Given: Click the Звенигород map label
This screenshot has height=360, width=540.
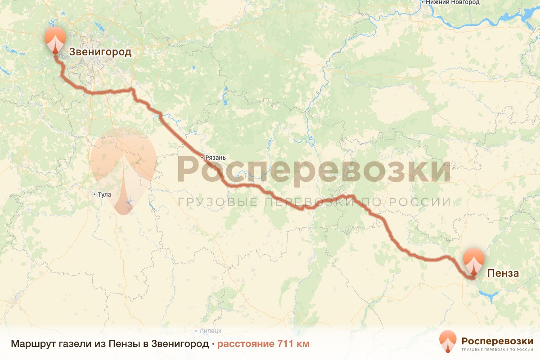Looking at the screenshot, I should [100, 52].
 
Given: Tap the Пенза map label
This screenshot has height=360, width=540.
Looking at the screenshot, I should [503, 273].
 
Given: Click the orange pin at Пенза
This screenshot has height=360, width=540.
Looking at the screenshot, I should [474, 261].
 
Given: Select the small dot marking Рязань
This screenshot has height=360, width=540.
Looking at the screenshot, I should [202, 157].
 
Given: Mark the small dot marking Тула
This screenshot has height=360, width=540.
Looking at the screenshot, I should [94, 195].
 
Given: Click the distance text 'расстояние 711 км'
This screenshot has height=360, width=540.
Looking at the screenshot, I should [263, 344].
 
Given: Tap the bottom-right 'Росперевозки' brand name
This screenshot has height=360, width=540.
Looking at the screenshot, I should [497, 341].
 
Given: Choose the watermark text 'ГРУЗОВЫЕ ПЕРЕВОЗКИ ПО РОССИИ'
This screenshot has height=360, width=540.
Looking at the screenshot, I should [314, 202].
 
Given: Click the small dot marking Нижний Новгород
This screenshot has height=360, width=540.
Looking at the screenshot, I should [423, 3].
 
